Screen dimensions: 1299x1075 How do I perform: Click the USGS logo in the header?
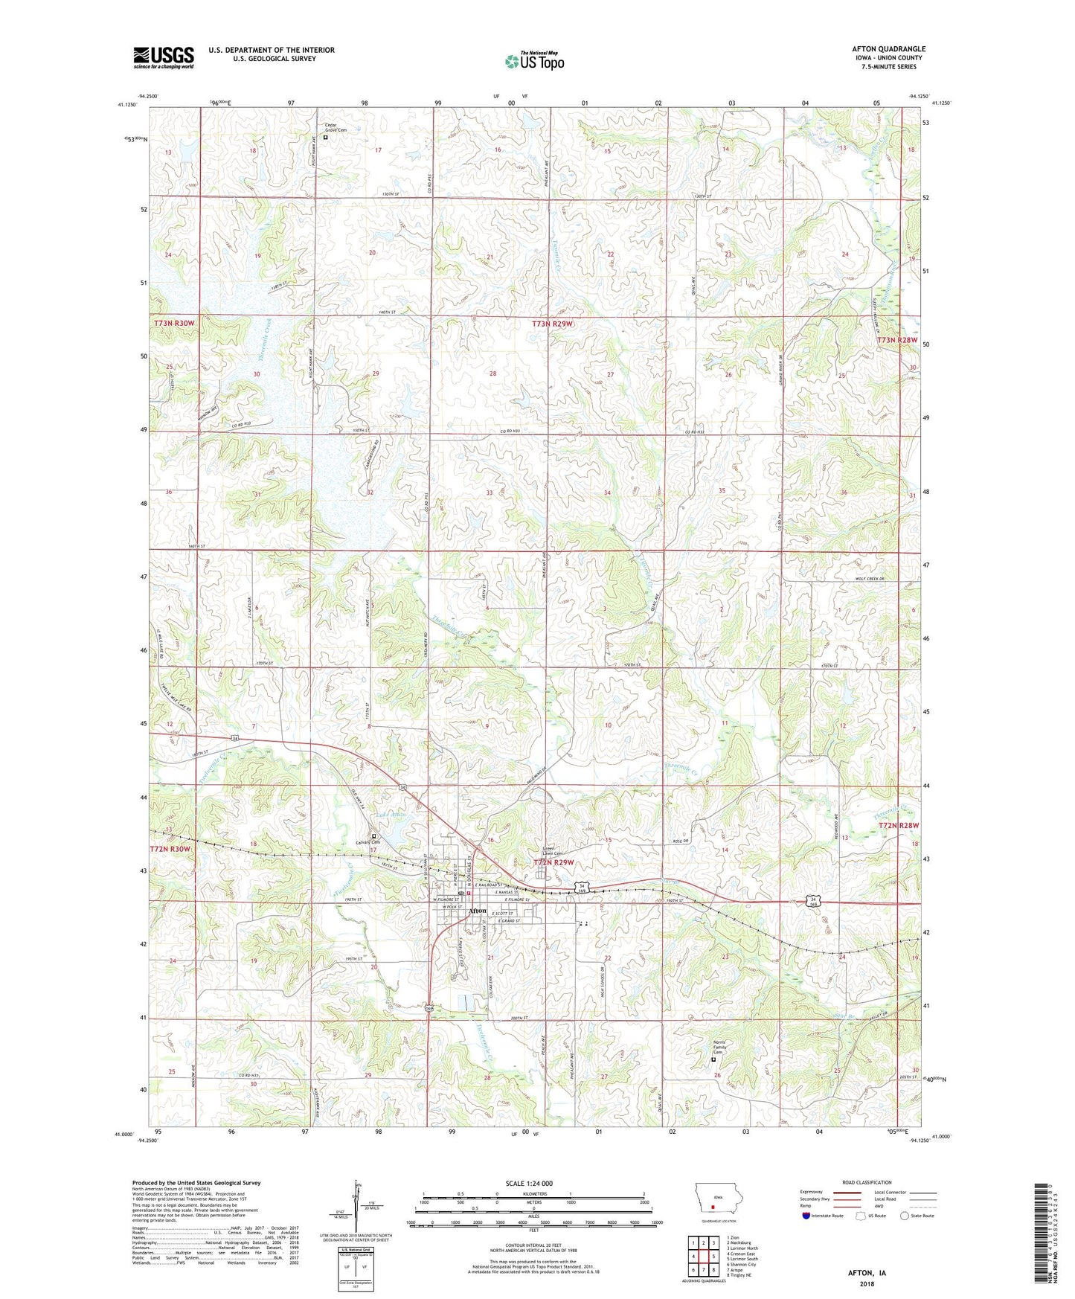163,57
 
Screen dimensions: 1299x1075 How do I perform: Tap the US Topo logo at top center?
534,61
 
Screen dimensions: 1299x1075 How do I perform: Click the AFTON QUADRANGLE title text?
888,49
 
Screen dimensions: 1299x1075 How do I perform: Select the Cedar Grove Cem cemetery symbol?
326,138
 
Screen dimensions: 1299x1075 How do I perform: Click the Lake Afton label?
390,815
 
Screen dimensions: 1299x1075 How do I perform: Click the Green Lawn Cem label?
553,850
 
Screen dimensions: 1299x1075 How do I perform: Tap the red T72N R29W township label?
554,862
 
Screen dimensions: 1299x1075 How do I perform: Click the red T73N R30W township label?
174,323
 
